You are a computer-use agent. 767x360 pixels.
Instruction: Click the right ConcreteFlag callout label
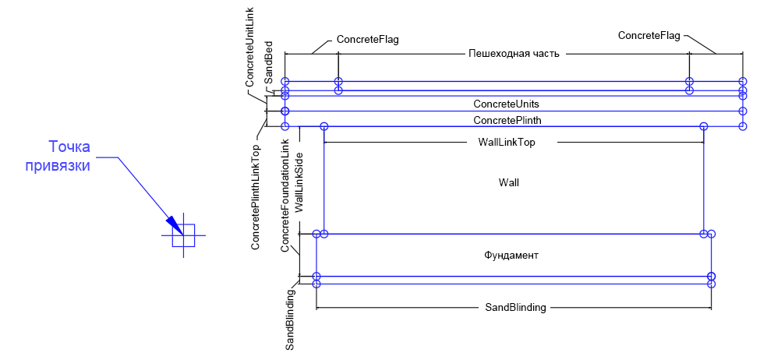click(649, 35)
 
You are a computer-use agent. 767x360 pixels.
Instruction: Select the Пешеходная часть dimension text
click(514, 54)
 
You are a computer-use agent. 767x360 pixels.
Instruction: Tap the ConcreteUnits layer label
click(507, 104)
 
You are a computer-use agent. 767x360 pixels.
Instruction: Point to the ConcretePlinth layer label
click(507, 121)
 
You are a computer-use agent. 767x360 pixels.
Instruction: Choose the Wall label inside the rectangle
click(509, 182)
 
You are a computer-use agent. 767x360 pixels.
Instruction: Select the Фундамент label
click(511, 255)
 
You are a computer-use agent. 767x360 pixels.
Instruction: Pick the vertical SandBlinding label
click(290, 319)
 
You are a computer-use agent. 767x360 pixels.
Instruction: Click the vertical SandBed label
click(268, 62)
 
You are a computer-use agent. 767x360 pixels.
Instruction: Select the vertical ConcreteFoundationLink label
click(285, 195)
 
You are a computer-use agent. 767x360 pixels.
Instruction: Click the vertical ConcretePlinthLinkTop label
click(256, 196)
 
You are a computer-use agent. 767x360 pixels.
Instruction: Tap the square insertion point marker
click(184, 235)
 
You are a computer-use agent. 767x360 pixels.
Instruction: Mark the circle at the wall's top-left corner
click(324, 126)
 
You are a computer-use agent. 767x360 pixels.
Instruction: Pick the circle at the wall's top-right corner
click(704, 126)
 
